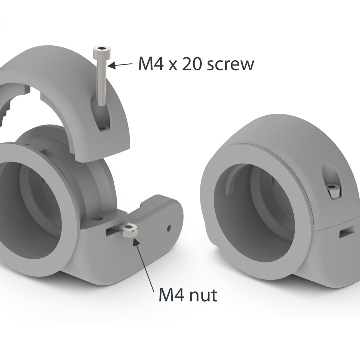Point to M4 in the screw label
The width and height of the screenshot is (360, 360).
[151, 64]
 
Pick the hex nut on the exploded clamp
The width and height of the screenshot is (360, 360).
[129, 231]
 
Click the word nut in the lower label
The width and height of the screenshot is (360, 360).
[203, 295]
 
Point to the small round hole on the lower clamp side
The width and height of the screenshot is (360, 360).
[169, 228]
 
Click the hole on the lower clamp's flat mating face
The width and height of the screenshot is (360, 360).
[98, 218]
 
